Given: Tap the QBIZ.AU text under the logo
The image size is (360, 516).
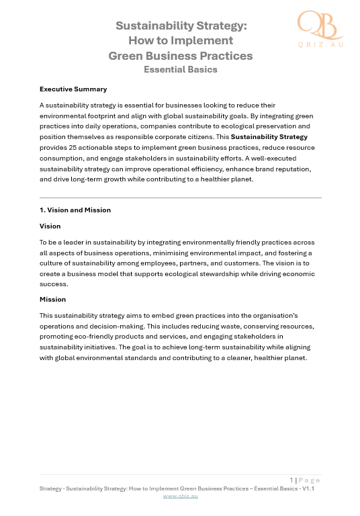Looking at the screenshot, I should [x=320, y=44].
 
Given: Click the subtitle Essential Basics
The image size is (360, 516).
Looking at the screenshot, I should [x=181, y=69].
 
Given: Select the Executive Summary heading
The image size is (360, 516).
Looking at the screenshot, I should [x=73, y=89].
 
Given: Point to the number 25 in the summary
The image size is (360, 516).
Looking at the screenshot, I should [x=89, y=147].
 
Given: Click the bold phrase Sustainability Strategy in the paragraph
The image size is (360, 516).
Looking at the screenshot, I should [x=269, y=137].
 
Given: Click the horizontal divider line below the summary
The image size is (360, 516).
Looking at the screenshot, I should [x=181, y=198].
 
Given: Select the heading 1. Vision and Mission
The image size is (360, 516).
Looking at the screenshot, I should [x=75, y=210].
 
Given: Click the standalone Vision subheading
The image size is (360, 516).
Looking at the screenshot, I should [x=50, y=226].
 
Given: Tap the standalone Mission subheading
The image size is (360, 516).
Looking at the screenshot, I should [x=52, y=299].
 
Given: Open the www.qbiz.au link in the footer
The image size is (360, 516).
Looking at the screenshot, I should [x=181, y=496].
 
